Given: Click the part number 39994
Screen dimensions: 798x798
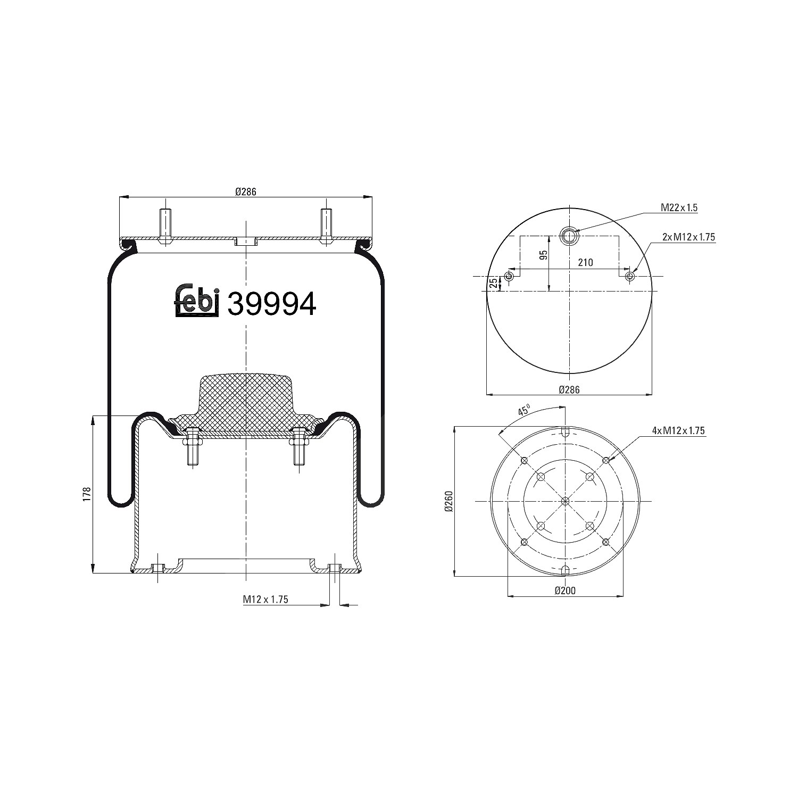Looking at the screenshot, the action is [272, 303].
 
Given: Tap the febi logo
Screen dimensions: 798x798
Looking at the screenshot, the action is [197, 301].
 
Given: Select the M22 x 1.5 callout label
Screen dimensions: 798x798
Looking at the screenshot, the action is [679, 207].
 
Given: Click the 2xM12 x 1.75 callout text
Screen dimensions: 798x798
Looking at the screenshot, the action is [689, 237].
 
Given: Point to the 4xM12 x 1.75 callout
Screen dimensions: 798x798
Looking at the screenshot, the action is [679, 431].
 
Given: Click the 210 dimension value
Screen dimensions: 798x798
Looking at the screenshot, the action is [585, 262].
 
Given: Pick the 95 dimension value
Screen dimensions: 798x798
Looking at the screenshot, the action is [543, 255].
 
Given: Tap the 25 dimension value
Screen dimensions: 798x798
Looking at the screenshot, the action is [493, 282].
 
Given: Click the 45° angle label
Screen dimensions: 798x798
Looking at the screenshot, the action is [524, 411].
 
